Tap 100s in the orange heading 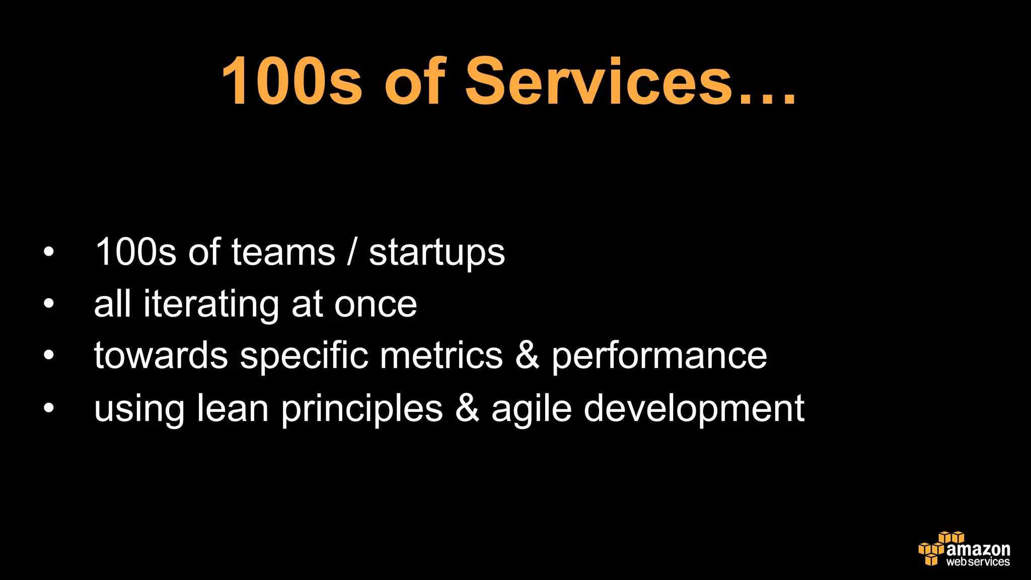(291, 82)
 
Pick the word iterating (210, 305)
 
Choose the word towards (161, 355)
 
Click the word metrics (441, 355)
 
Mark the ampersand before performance (527, 355)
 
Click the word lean (233, 408)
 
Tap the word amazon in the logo (978, 549)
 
